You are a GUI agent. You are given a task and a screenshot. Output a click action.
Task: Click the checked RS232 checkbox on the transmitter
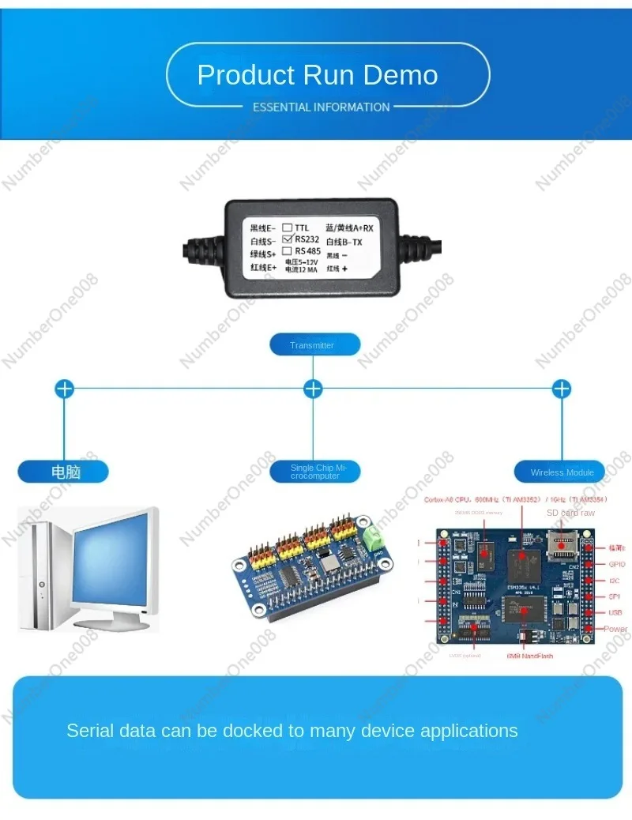pos(288,239)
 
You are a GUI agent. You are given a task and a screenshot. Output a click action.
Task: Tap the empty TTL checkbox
pos(288,227)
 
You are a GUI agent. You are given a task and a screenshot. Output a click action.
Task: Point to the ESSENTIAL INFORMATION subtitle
pos(321,107)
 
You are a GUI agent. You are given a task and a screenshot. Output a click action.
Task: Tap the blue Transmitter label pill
pos(314,345)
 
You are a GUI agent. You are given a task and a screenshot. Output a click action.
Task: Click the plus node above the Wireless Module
pos(562,389)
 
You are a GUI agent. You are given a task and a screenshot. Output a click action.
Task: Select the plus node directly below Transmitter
pos(314,389)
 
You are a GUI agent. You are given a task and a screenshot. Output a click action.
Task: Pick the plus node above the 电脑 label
pos(64,389)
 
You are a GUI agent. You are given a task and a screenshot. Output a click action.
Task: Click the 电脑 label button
pos(65,472)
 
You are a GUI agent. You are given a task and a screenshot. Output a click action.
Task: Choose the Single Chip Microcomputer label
pos(314,472)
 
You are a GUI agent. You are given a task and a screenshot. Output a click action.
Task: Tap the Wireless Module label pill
pos(562,472)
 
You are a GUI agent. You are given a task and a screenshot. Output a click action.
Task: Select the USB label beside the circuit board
pos(615,613)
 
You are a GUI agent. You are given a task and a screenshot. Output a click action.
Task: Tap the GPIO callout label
pos(616,564)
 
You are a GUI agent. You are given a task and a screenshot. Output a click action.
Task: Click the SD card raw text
pos(571,513)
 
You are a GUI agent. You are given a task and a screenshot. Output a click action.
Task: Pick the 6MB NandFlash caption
pos(529,656)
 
